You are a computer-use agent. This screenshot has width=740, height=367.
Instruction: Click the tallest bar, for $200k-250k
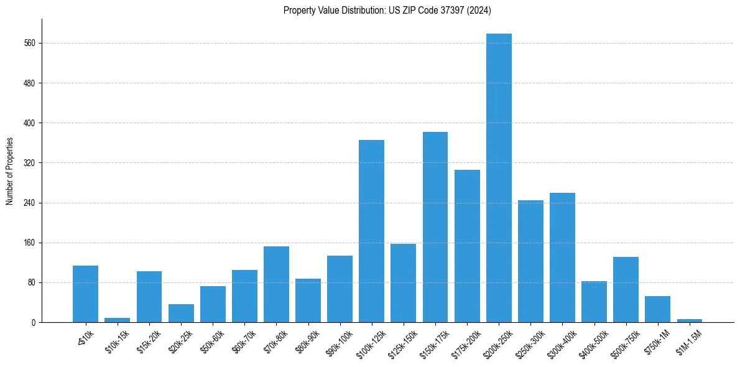pyautogui.click(x=499, y=178)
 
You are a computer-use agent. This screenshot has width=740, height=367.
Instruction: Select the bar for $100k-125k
pyautogui.click(x=371, y=231)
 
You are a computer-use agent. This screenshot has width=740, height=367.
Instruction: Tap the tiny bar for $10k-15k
pyautogui.click(x=117, y=320)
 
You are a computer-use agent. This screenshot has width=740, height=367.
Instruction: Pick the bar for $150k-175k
pyautogui.click(x=435, y=227)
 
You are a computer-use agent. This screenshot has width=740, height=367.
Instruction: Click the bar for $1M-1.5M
pyautogui.click(x=690, y=320)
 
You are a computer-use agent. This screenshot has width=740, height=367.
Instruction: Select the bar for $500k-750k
pyautogui.click(x=626, y=289)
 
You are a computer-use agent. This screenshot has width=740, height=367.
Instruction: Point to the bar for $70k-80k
pyautogui.click(x=276, y=284)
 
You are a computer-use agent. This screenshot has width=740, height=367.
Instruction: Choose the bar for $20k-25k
pyautogui.click(x=181, y=313)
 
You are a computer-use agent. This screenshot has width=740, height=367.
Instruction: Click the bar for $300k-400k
pyautogui.click(x=562, y=258)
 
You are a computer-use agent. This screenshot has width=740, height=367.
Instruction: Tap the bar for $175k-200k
pyautogui.click(x=467, y=246)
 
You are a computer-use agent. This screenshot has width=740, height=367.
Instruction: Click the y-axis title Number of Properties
pyautogui.click(x=9, y=171)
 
